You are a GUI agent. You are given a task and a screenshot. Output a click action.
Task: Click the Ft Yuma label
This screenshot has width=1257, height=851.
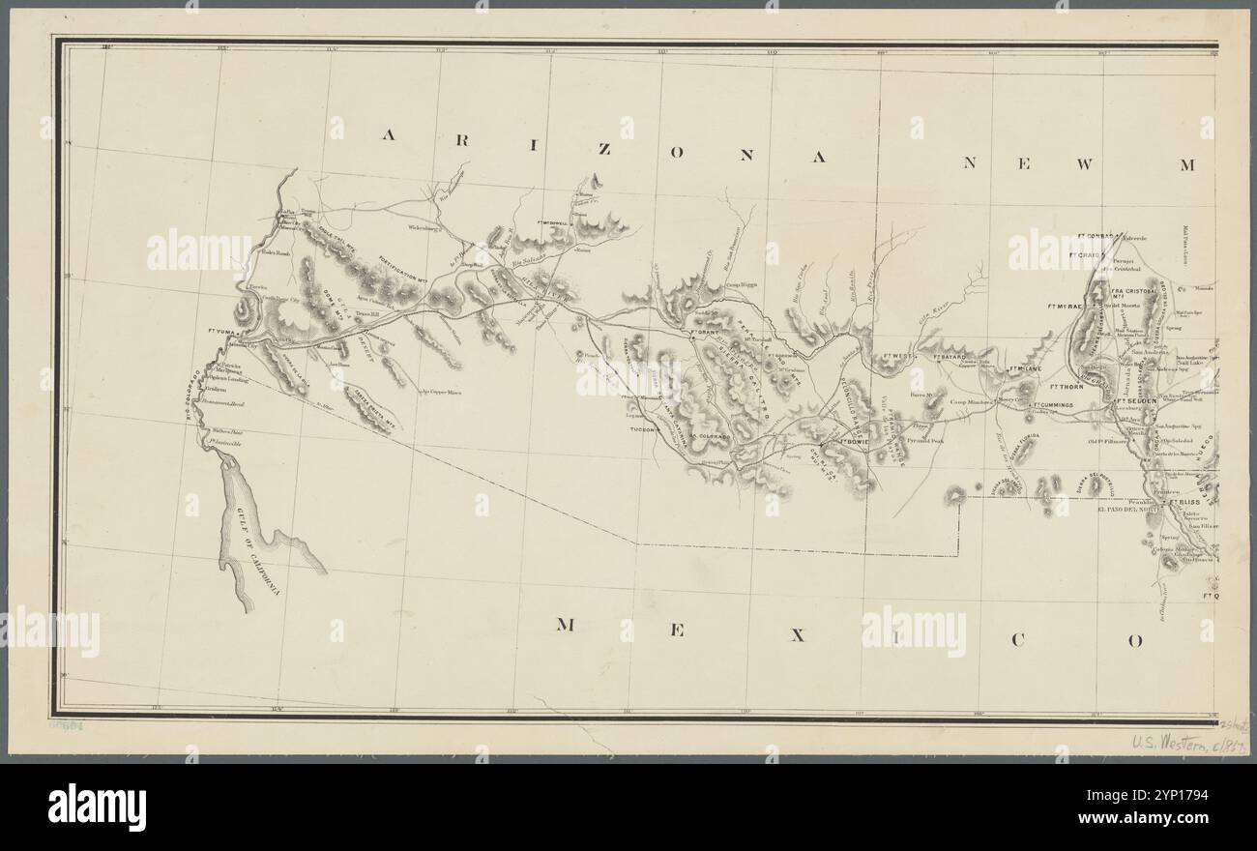coord(222,330)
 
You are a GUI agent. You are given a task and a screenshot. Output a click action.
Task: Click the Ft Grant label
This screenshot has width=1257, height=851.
coord(709,335)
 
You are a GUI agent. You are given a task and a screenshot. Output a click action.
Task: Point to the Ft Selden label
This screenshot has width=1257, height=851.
coord(1137,400)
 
